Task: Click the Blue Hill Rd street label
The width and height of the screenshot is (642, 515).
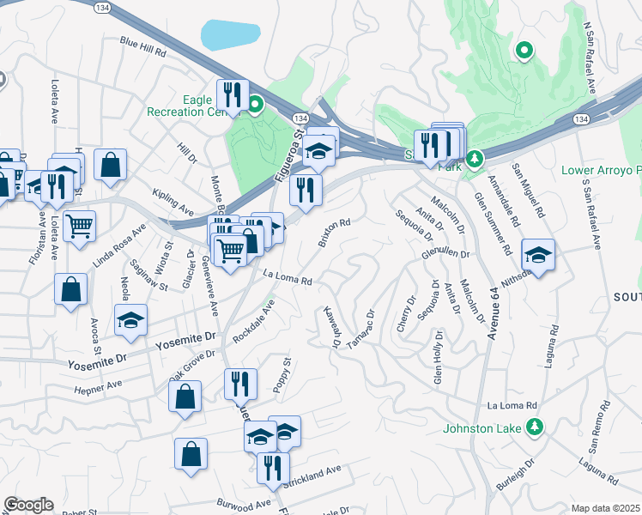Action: coord(142,46)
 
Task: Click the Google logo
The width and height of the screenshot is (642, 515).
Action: coord(28,504)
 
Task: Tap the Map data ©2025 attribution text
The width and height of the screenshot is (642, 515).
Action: coord(606,508)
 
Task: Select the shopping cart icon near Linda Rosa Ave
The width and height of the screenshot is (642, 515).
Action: coord(79,227)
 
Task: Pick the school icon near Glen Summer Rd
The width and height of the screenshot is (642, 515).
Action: coord(538,255)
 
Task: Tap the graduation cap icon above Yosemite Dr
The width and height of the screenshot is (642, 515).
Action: coord(130,320)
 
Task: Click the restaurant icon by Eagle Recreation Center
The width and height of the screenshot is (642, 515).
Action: coord(233,94)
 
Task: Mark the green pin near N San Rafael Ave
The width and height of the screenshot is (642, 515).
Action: coord(524,51)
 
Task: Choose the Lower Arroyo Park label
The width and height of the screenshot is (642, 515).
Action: coord(601,170)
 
